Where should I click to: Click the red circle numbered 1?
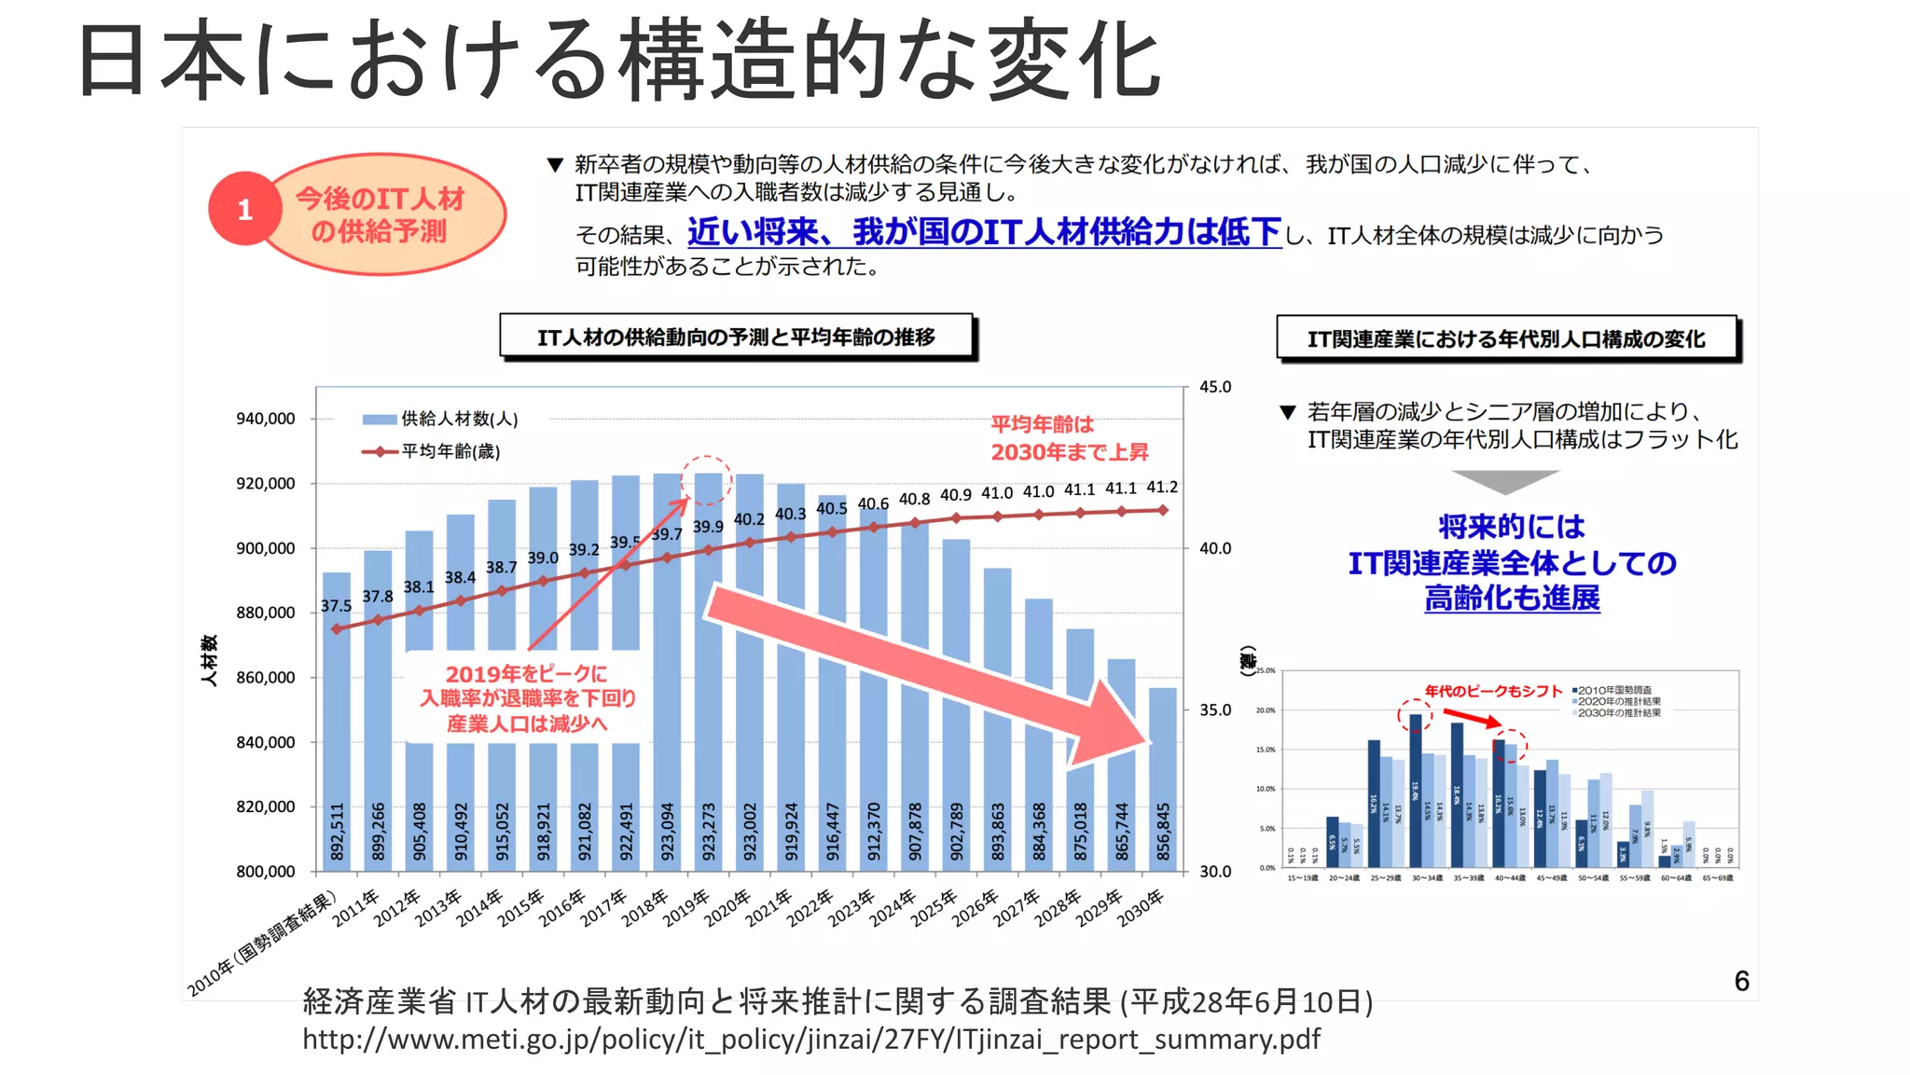[x=244, y=209]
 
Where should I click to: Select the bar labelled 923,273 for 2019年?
[x=708, y=671]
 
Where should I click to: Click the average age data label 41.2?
[x=1162, y=488]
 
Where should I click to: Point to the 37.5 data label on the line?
[x=336, y=606]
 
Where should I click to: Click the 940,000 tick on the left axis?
[x=266, y=419]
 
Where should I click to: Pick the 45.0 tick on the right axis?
[x=1215, y=387]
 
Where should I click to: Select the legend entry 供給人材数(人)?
[x=440, y=420]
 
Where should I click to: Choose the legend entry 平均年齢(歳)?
[x=432, y=452]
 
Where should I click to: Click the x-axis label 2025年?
[x=935, y=906]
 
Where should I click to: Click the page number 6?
[x=1741, y=981]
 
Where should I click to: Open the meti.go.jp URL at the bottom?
[x=810, y=1040]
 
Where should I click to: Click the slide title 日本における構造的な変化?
[x=619, y=61]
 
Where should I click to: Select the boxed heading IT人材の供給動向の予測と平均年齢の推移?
[x=736, y=337]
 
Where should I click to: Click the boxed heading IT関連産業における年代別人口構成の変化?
[x=1506, y=338]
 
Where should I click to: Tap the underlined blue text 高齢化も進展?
[x=1512, y=599]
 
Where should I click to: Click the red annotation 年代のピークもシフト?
[x=1493, y=691]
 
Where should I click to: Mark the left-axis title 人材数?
[x=210, y=660]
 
